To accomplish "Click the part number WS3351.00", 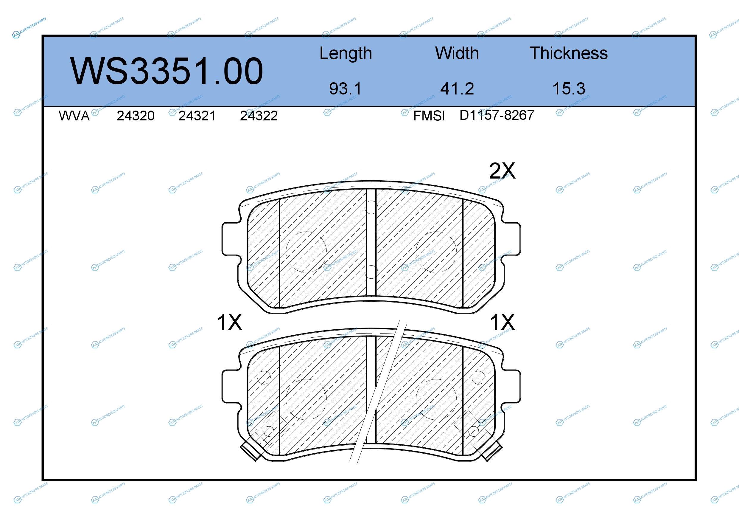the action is tap(167, 71).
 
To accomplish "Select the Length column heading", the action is tap(346, 54).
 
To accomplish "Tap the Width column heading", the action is tap(457, 53).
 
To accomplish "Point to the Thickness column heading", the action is tap(569, 53).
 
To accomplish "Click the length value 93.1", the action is tap(345, 89).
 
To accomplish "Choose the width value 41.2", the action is tap(457, 89).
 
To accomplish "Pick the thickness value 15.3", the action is tap(569, 89).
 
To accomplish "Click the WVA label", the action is tap(74, 116).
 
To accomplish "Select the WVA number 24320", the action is tap(136, 116).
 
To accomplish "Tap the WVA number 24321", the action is tap(197, 116).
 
